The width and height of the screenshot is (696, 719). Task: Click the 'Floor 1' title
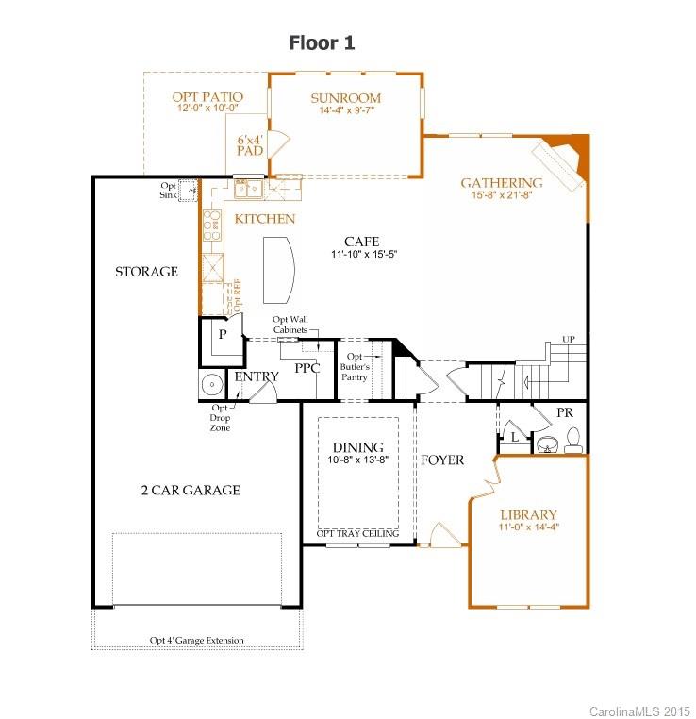322,43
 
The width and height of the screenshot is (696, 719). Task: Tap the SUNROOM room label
345,98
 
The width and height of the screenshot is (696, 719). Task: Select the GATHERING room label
501,183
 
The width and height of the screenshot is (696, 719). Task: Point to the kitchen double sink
249,190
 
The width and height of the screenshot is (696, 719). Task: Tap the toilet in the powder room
572,439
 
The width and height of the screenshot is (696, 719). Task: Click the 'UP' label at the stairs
568,340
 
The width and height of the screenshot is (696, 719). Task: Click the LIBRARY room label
528,515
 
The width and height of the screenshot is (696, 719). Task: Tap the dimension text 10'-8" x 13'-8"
358,460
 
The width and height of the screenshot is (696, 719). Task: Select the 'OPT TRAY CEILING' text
357,534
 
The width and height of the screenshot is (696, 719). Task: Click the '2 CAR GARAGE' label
191,490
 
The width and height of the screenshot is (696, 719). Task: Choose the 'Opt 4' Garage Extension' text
196,641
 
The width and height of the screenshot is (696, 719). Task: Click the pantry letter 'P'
223,334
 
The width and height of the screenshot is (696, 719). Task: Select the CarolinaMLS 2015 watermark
638,709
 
